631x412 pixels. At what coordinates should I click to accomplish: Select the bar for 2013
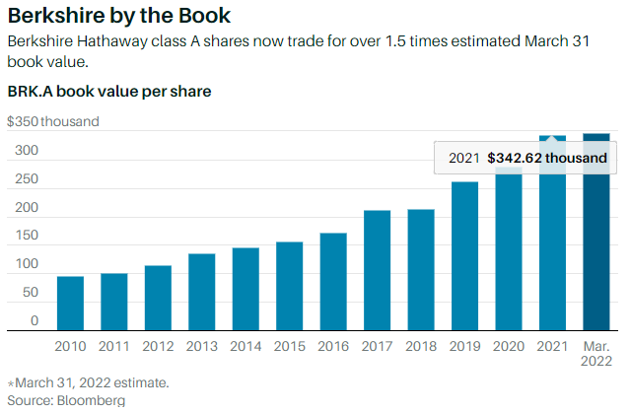[x=201, y=291]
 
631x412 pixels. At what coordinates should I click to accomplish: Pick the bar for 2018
[x=421, y=269]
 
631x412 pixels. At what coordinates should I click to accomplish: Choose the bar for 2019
[x=465, y=255]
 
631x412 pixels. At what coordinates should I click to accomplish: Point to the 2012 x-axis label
[x=158, y=347]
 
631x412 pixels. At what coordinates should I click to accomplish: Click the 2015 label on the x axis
[x=289, y=347]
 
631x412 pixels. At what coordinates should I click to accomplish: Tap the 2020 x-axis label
[x=509, y=347]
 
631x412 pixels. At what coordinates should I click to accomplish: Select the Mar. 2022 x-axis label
[x=596, y=355]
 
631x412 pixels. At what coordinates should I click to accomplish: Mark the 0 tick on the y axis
[x=34, y=321]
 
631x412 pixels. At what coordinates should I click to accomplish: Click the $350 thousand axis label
[x=53, y=122]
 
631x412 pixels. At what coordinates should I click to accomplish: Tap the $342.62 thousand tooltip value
[x=546, y=158]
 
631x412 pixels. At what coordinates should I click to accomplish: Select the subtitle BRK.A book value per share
[x=109, y=92]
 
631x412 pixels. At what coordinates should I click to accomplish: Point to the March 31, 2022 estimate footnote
[x=74, y=382]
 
